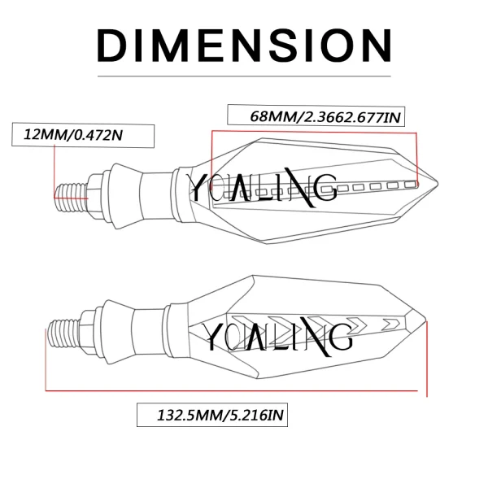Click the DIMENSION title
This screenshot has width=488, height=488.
[244, 46]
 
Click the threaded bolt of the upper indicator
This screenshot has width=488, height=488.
[72, 188]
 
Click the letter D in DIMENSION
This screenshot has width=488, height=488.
[113, 46]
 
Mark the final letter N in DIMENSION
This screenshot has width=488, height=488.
[374, 46]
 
